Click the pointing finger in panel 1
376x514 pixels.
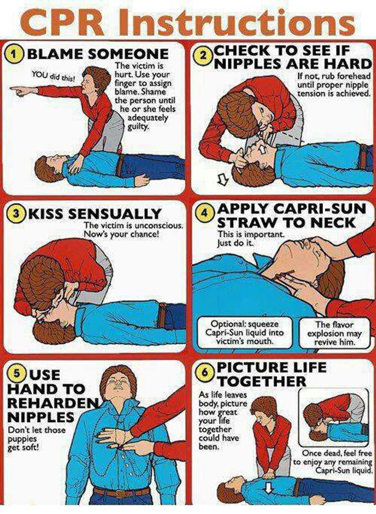17,91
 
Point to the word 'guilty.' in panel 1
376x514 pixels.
138,126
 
